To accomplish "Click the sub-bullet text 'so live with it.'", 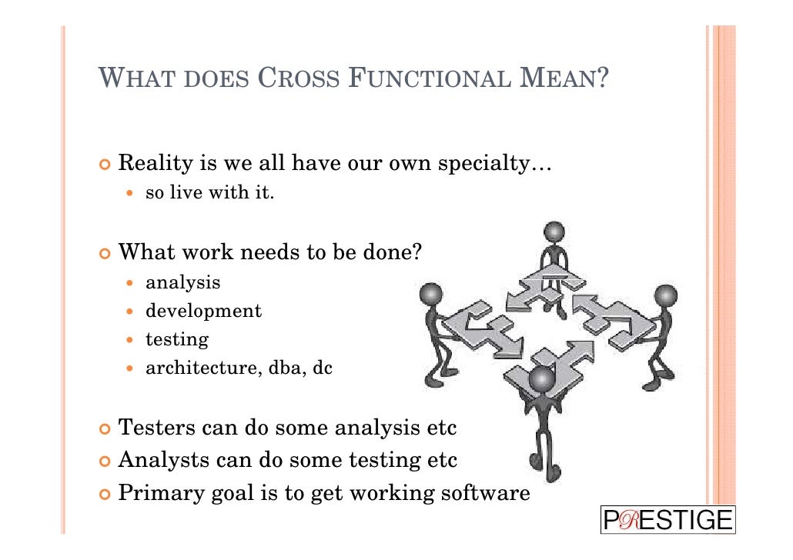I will [209, 193].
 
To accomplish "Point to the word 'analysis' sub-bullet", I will [183, 283].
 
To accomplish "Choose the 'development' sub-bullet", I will [203, 312].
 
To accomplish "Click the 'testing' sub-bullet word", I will [177, 340].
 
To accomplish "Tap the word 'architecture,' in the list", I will [203, 368].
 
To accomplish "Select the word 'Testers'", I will [156, 427].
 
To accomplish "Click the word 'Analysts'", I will [162, 461].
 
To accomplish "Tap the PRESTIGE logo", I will [668, 520].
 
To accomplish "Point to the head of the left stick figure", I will [432, 294].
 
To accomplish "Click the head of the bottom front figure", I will [542, 379].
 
